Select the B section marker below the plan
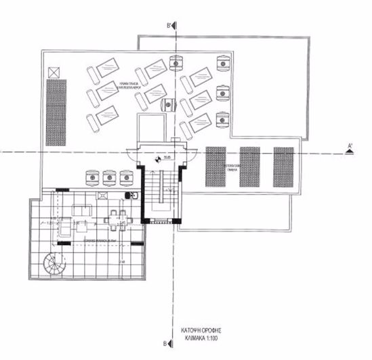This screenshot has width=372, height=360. pyautogui.click(x=172, y=343)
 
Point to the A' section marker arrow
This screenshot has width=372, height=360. pyautogui.click(x=349, y=149)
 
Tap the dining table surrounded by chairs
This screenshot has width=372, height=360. pyautogui.click(x=119, y=217)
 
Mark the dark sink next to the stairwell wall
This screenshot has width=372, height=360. pyautogui.click(x=133, y=196)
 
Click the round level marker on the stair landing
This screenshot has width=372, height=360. pyautogui.click(x=154, y=158)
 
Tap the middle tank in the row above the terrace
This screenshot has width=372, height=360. pyautogui.click(x=109, y=178)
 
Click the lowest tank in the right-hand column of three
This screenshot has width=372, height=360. pyautogui.click(x=222, y=119)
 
